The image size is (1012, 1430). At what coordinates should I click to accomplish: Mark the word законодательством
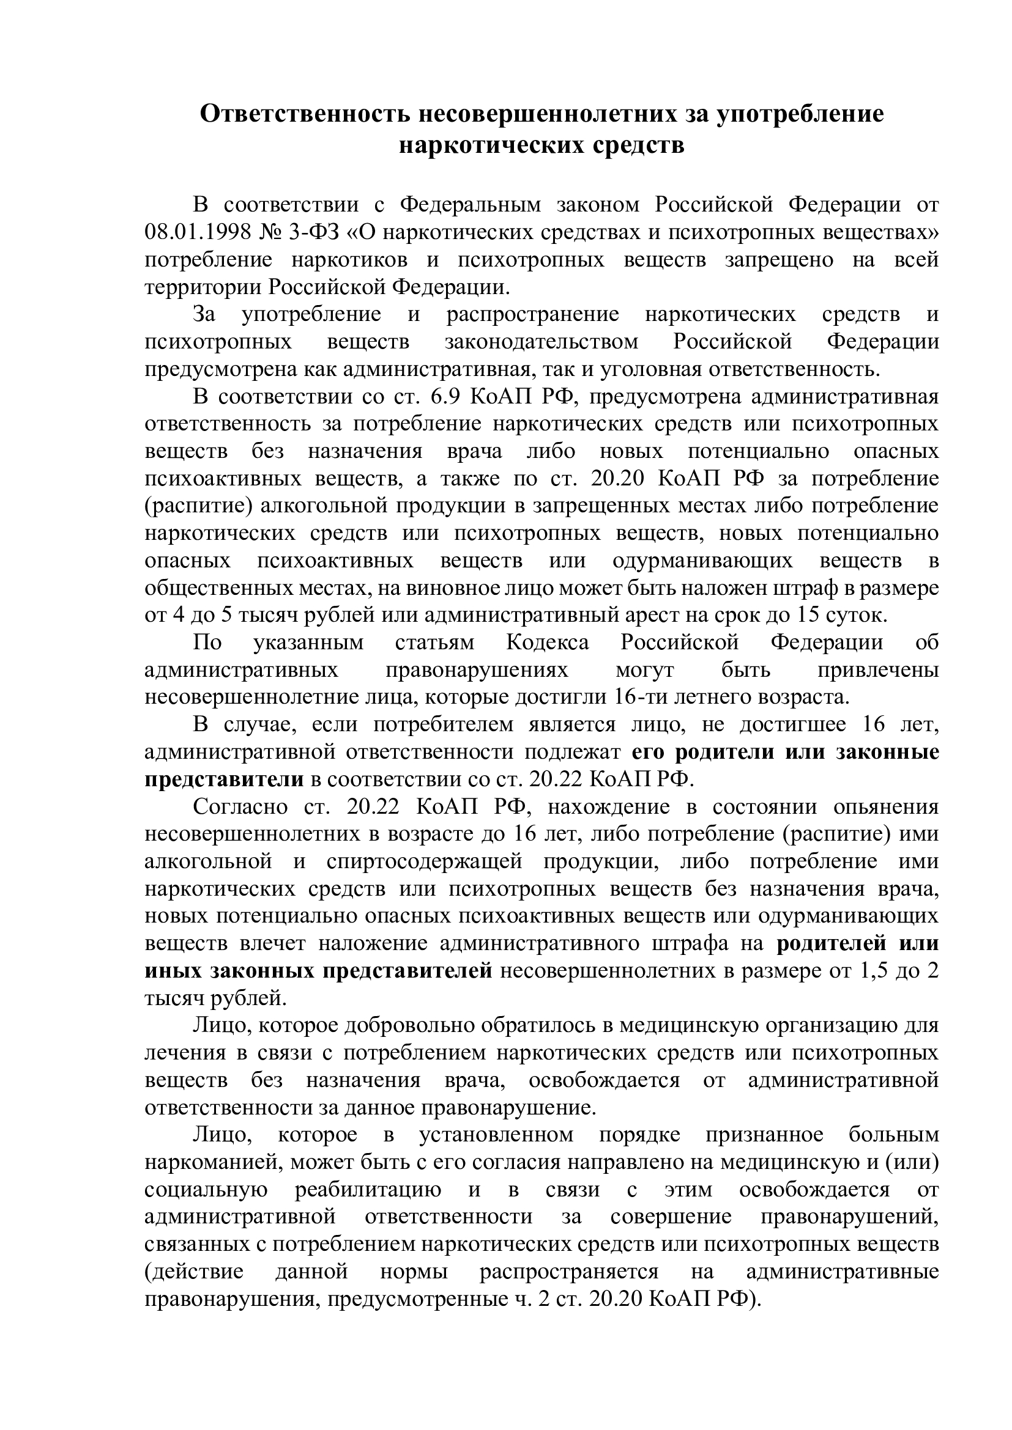coord(541,342)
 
